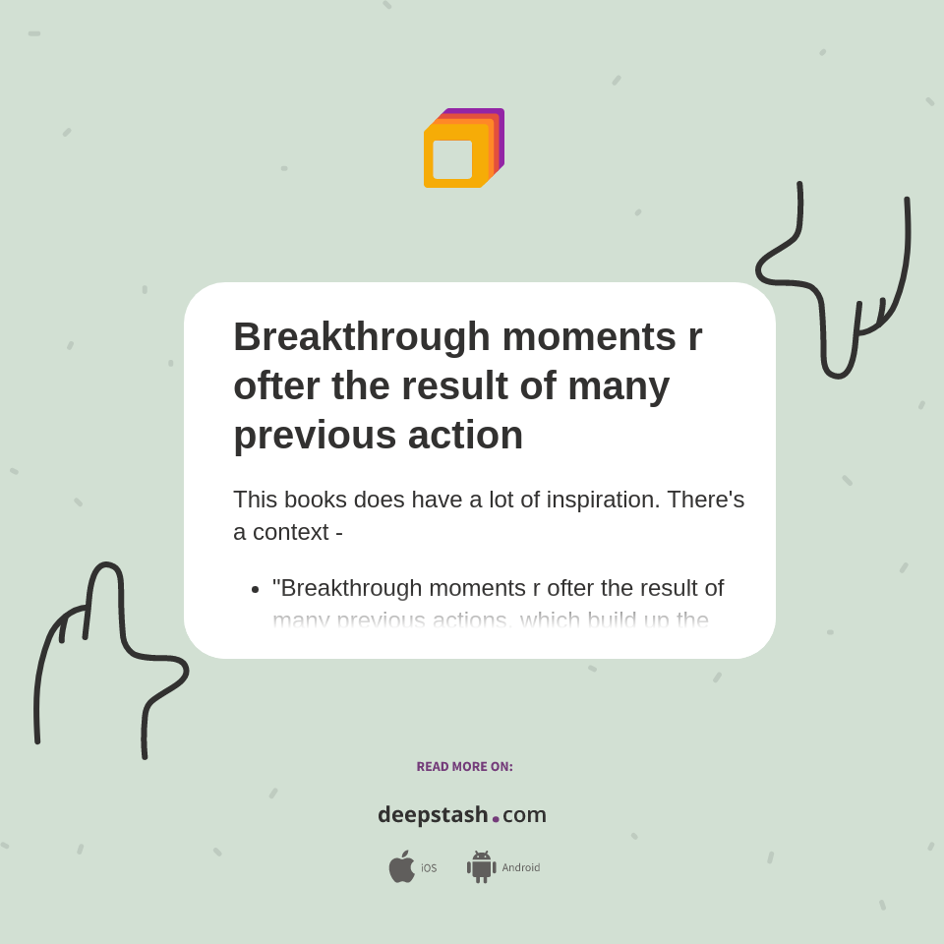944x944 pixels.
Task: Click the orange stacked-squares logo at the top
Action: point(462,148)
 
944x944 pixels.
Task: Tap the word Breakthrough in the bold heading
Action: point(361,336)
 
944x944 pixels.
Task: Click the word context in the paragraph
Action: point(290,532)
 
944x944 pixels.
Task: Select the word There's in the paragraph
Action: point(705,500)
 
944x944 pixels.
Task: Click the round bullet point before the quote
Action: point(255,589)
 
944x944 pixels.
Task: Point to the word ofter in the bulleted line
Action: point(570,588)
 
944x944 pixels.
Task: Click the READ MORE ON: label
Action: point(464,767)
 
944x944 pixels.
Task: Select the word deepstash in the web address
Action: point(433,815)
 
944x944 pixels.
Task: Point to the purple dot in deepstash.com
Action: point(496,819)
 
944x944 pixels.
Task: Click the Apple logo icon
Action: point(401,866)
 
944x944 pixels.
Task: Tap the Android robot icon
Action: point(481,866)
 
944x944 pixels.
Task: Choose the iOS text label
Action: point(429,868)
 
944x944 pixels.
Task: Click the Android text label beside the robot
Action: point(520,868)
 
